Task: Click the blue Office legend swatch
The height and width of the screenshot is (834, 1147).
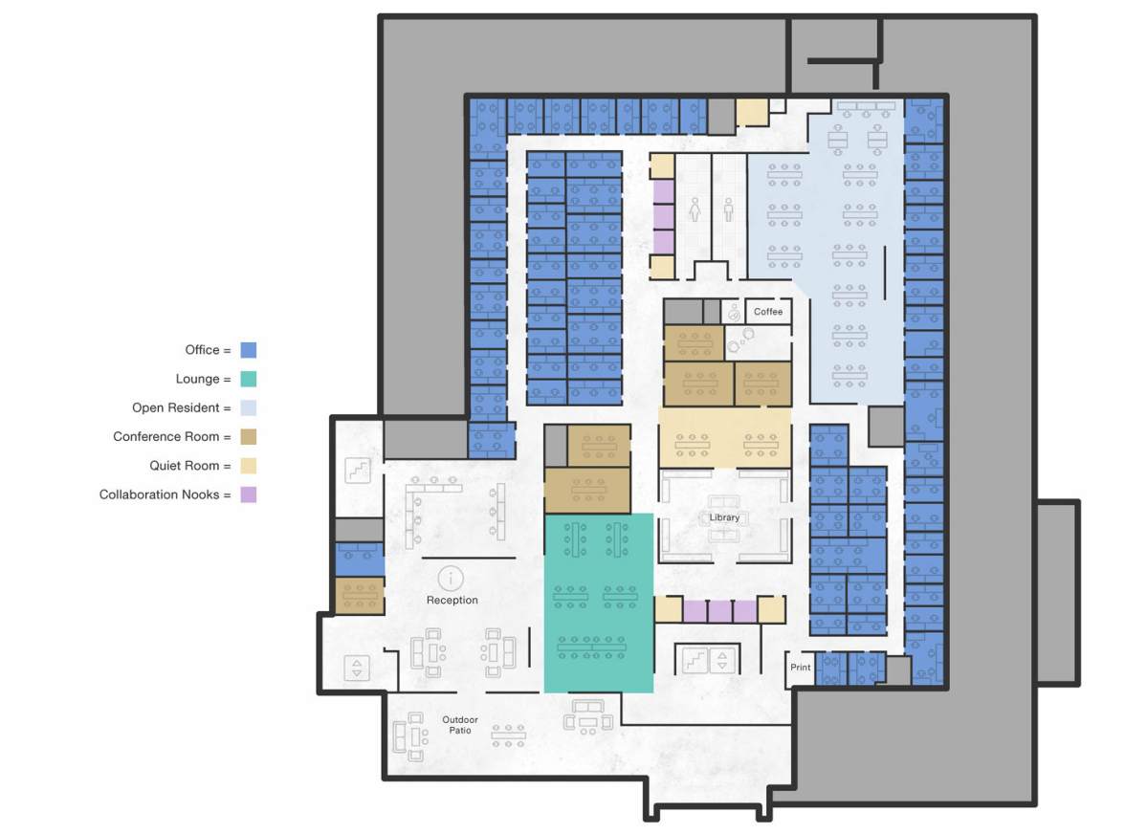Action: (x=249, y=350)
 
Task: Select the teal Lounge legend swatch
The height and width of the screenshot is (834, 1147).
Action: (x=249, y=379)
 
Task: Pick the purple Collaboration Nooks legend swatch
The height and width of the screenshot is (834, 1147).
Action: (x=249, y=494)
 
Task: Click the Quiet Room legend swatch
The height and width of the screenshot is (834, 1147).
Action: (x=249, y=466)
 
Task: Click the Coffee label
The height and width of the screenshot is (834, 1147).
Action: (x=768, y=312)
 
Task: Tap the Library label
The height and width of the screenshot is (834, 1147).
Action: (x=724, y=517)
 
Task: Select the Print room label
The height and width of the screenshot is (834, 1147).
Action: (x=801, y=668)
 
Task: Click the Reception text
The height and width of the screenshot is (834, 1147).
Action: (x=452, y=601)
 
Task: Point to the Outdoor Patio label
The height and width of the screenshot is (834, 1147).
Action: (x=459, y=725)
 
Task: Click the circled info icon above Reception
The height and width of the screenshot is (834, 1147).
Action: (x=451, y=578)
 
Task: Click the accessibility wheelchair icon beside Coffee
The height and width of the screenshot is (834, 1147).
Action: (x=734, y=312)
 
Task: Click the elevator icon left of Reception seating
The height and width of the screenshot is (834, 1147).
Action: (x=357, y=668)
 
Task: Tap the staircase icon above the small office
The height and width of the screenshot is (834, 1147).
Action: (x=357, y=470)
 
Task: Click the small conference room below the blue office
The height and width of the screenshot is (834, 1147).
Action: (x=359, y=596)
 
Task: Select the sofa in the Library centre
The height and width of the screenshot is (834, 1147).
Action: (x=724, y=504)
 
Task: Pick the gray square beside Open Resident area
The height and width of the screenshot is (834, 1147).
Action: (x=886, y=426)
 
